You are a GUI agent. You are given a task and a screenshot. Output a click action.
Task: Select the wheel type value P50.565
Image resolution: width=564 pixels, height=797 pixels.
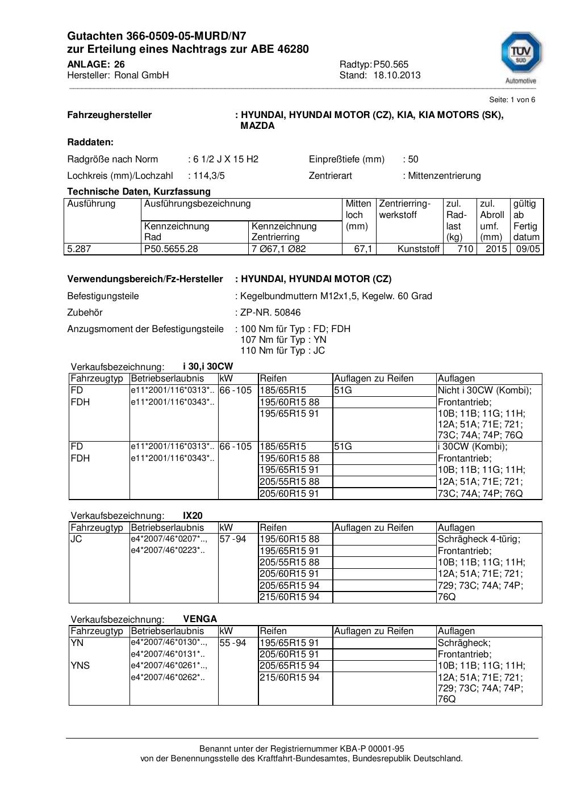click(x=391, y=64)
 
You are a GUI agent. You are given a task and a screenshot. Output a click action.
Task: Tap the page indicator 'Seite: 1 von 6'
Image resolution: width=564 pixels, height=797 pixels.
click(x=512, y=99)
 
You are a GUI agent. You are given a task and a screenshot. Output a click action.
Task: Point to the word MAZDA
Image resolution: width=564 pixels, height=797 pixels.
click(x=257, y=125)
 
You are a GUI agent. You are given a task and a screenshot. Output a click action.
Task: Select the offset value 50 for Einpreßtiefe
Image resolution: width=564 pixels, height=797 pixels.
click(x=413, y=159)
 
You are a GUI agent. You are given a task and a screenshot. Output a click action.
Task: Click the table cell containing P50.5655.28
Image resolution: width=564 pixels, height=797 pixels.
click(x=172, y=249)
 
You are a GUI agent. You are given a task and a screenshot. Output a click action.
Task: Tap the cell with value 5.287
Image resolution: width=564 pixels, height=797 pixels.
click(x=79, y=249)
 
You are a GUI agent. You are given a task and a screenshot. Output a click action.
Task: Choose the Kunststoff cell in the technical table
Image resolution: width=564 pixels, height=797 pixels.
click(x=419, y=249)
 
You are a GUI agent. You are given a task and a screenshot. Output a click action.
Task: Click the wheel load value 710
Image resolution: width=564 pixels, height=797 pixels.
click(x=465, y=249)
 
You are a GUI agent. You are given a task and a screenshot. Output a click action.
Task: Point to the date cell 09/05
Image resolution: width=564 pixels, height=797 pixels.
click(x=528, y=249)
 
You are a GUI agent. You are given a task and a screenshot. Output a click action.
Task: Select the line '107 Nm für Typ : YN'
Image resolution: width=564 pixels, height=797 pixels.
click(x=283, y=339)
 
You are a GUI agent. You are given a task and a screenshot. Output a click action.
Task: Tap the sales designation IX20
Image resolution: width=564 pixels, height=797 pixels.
click(x=193, y=515)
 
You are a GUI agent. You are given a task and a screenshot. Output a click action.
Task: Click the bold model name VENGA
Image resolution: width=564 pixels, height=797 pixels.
click(x=200, y=619)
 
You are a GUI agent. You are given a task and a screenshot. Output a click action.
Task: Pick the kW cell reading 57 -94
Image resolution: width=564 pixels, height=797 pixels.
click(x=233, y=539)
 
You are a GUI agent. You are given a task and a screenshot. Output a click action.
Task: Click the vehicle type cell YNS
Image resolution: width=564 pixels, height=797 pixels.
click(x=80, y=665)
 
